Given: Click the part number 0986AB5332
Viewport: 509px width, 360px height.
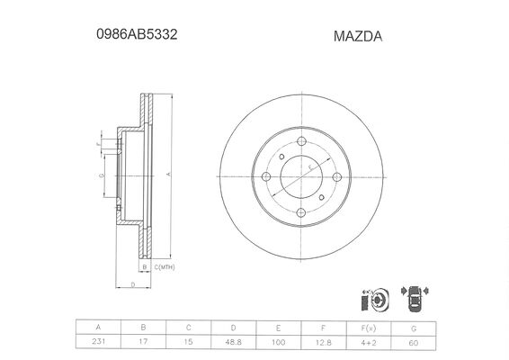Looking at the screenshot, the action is tap(137, 34).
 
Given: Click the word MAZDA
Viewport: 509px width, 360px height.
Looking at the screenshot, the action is tap(358, 36).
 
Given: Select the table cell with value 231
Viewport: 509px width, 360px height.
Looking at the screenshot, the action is tap(98, 342).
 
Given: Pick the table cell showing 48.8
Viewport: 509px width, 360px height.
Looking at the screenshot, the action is tap(234, 342).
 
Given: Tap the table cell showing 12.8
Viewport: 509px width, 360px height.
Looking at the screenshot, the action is tap(324, 342).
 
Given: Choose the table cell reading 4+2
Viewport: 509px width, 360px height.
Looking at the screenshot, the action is tap(369, 342).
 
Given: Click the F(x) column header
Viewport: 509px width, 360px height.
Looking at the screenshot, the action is tap(369, 328).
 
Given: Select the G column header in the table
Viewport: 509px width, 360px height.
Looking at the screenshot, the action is tap(414, 328).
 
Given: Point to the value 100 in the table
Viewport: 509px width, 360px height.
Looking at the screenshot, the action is tap(279, 342).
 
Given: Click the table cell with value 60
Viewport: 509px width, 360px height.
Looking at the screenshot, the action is tap(414, 342).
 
